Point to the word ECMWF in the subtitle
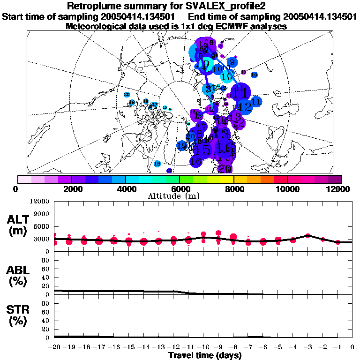tap(229, 26)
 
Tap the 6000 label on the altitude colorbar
tap(179, 189)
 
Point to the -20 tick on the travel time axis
tap(55, 347)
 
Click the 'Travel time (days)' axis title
tap(205, 355)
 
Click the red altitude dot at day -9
tap(218, 233)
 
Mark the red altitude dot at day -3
tap(307, 235)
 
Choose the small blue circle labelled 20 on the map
tap(127, 95)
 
